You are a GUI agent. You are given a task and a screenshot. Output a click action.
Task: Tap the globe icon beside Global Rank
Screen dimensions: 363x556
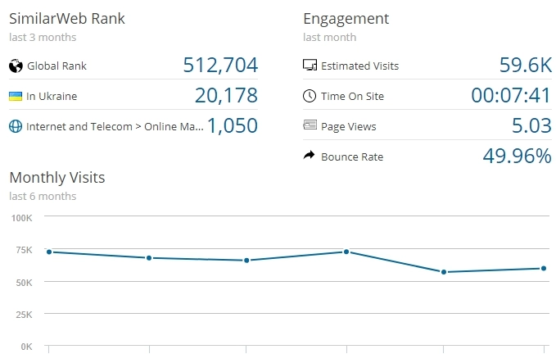[x=15, y=66]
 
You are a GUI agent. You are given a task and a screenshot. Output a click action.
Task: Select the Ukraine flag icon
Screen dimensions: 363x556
[x=15, y=96]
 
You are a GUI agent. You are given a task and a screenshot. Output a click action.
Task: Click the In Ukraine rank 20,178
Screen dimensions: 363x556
[x=226, y=96]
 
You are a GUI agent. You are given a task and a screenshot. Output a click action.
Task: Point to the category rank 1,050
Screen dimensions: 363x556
[x=233, y=126]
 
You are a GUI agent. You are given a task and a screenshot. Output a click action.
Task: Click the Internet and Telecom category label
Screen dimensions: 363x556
[x=114, y=127]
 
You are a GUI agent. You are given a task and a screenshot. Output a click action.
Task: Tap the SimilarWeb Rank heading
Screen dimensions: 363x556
[x=67, y=18]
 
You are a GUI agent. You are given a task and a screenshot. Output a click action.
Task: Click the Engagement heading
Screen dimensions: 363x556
[x=346, y=18]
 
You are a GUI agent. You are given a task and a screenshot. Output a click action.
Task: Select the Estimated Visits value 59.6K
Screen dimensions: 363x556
[x=525, y=66]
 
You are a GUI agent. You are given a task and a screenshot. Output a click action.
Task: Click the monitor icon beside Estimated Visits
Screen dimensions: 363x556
[x=310, y=66]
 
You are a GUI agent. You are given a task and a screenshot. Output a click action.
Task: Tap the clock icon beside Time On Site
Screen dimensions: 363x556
[x=310, y=96]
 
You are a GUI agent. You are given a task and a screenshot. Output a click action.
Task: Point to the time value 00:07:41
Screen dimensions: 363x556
[x=511, y=96]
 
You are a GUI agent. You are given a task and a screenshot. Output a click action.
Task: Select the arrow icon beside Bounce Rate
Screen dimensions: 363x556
[x=310, y=156]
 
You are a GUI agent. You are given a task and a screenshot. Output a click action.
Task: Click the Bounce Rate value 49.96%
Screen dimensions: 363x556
[x=516, y=156]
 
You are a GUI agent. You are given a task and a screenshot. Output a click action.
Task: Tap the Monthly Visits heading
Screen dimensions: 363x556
[x=57, y=177]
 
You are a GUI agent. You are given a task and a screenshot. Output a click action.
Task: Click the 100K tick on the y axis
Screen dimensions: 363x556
[x=20, y=217]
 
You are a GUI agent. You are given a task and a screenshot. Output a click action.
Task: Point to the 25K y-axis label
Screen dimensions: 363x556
[x=22, y=314]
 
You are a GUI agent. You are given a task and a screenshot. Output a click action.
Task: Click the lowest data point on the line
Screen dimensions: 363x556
[x=444, y=272]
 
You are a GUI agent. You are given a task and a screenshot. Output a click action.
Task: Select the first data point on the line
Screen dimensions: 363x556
[x=49, y=252]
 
